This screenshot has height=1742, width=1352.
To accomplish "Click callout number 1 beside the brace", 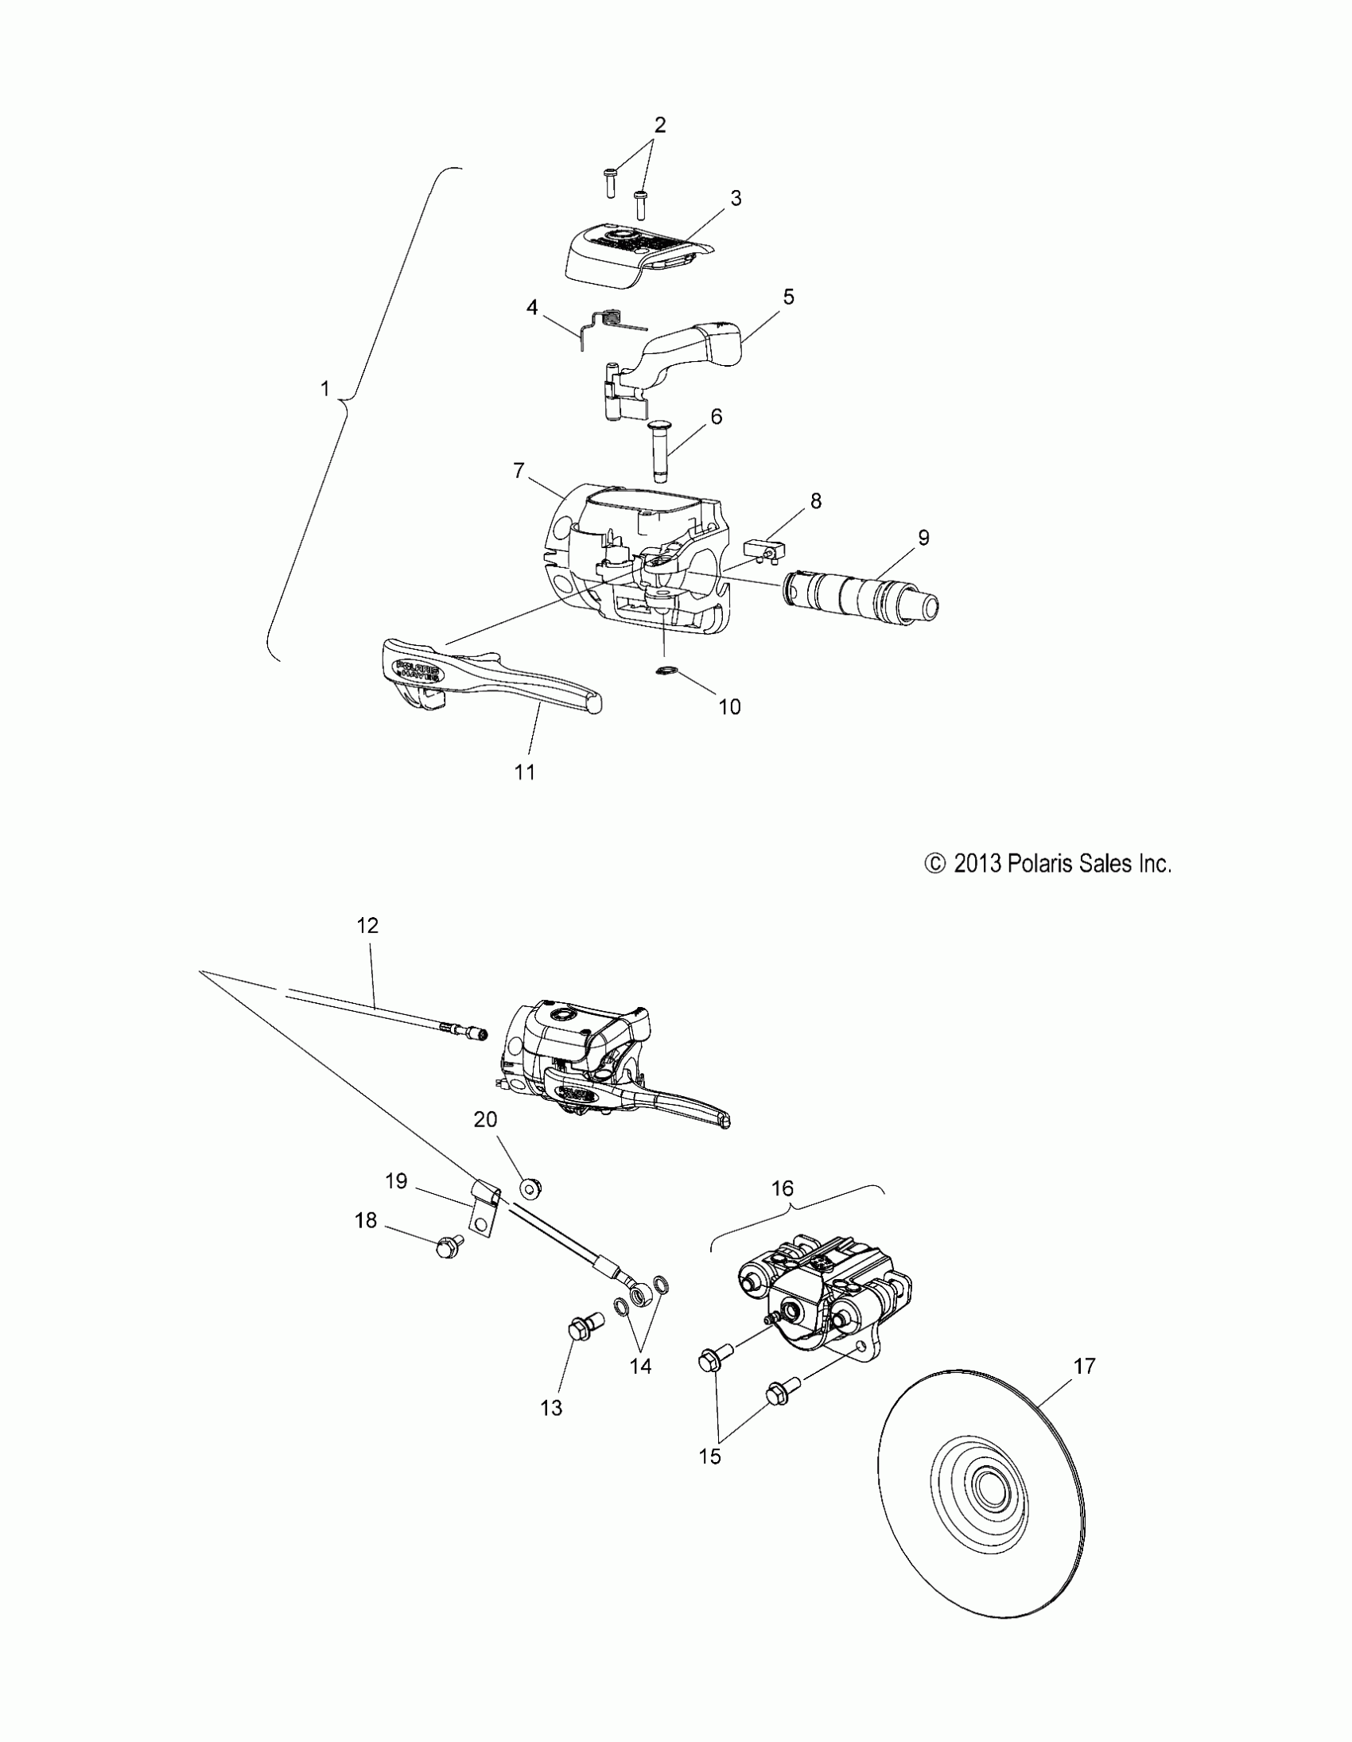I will [x=324, y=388].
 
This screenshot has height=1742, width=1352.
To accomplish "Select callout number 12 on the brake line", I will [x=367, y=925].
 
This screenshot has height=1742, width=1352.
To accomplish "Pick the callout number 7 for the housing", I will [x=519, y=472].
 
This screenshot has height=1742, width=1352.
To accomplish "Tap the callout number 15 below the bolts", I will [x=709, y=1456].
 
